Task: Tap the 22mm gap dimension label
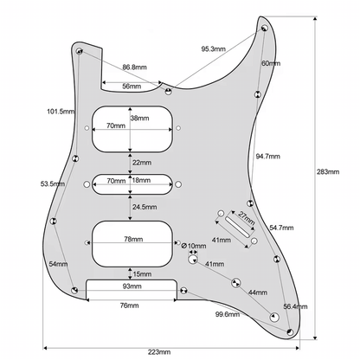[140, 163]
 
